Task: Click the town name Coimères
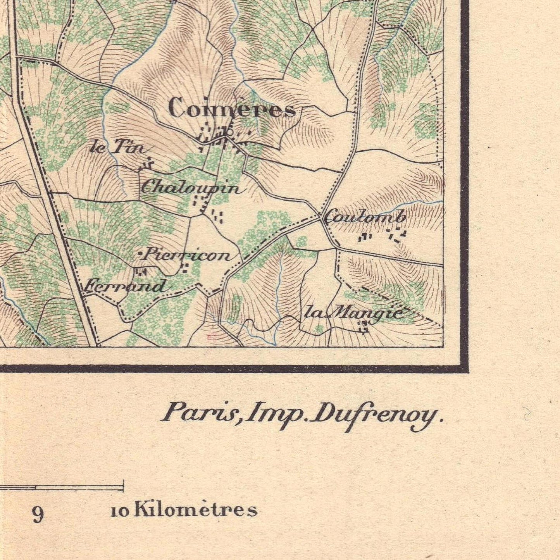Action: (232, 109)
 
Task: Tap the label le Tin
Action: (117, 148)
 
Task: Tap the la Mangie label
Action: (354, 312)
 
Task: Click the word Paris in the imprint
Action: (199, 413)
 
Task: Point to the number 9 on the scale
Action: (38, 514)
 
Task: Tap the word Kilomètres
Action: (196, 510)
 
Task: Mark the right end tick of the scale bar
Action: (123, 486)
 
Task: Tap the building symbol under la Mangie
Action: (364, 327)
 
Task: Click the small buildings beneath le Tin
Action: (146, 166)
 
